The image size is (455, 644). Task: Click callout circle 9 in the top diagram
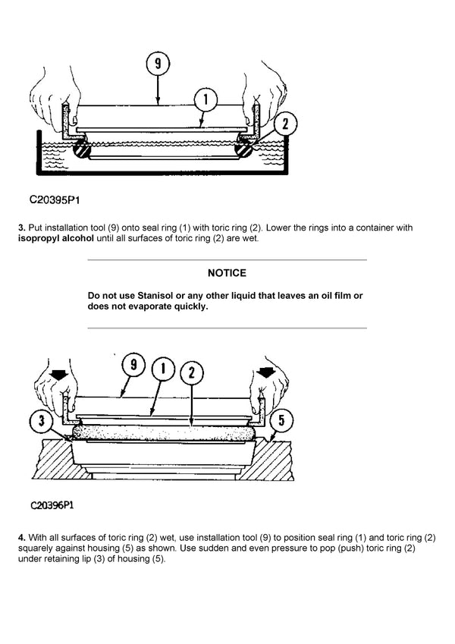[x=158, y=64]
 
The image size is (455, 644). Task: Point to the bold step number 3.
[x=21, y=228]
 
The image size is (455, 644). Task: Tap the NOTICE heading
[x=227, y=272]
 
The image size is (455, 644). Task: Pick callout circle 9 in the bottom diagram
[x=133, y=365]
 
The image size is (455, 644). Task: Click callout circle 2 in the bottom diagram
[x=192, y=372]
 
